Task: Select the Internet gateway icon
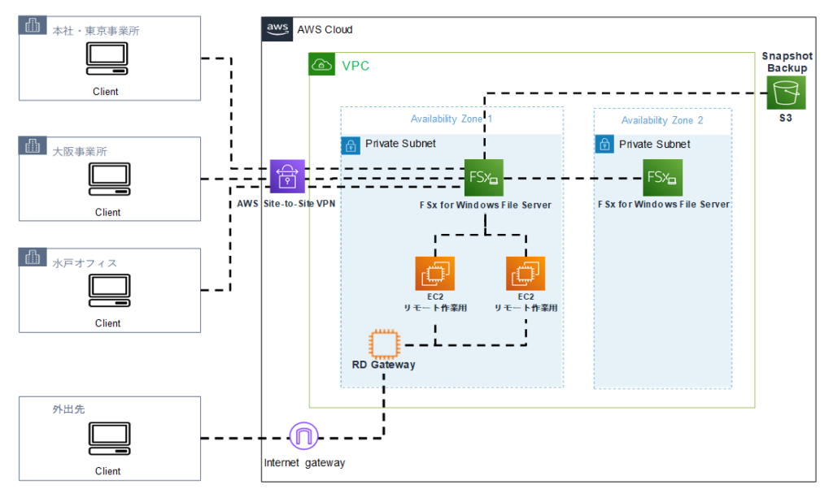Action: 304,438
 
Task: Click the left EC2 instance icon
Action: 434,274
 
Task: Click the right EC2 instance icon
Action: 526,274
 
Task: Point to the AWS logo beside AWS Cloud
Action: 277,28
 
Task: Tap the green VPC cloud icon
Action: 322,65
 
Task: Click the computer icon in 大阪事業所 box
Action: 107,178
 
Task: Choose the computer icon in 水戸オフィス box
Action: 107,289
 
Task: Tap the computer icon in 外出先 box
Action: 107,438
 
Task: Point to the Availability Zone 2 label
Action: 662,120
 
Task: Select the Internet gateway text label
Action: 304,463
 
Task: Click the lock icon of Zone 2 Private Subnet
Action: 604,145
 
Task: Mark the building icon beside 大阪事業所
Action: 33,147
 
